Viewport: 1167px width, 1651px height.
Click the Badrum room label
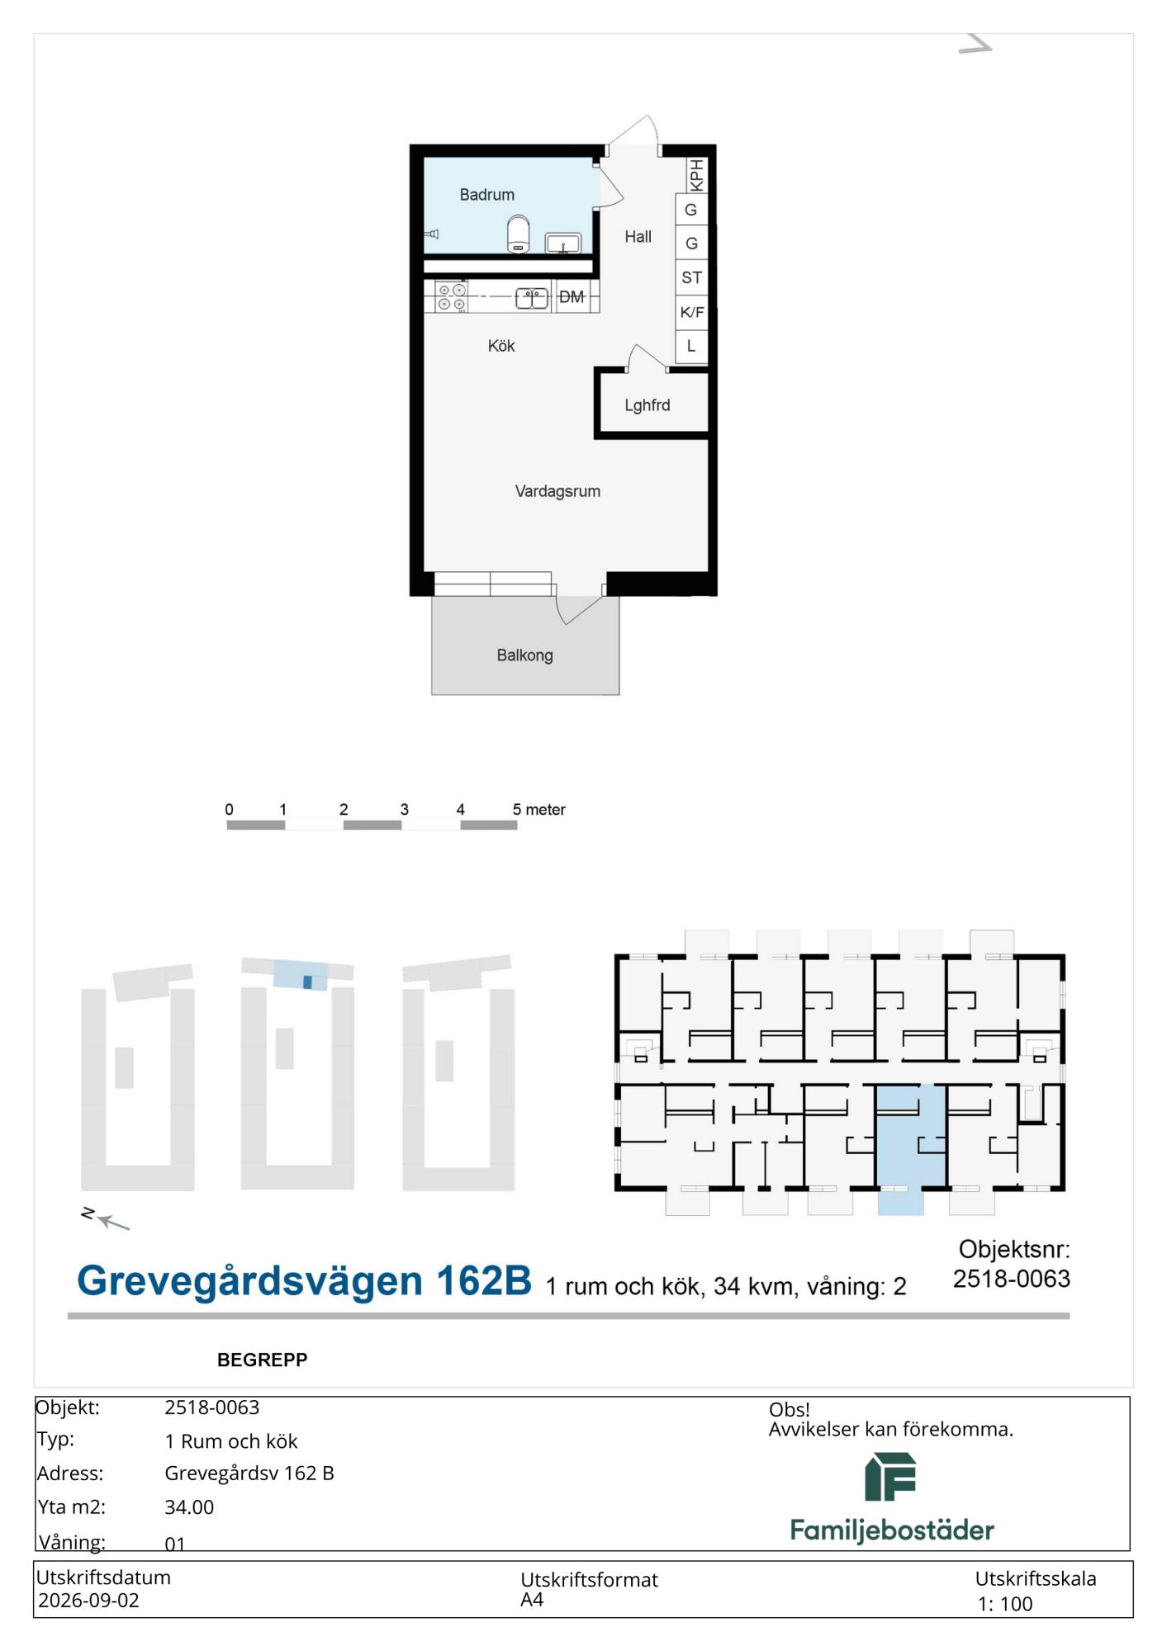coord(486,195)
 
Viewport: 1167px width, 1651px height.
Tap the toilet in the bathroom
coord(518,234)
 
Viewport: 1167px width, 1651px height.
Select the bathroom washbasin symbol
coord(563,243)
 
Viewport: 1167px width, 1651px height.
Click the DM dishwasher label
coord(572,297)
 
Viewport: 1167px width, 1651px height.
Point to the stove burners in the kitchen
coord(451,297)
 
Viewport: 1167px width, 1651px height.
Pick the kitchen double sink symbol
coord(532,297)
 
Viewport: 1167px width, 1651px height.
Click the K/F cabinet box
coord(692,312)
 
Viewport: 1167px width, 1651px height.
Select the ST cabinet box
coord(692,277)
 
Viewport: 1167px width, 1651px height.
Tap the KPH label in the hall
coord(696,175)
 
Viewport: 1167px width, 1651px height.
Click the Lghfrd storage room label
coord(648,405)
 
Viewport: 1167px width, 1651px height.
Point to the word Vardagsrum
coord(557,491)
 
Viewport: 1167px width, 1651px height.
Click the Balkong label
coord(524,655)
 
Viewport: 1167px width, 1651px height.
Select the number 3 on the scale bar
coord(405,810)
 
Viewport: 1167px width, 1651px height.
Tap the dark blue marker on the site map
coord(307,982)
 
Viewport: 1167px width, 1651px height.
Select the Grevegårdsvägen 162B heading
coord(304,1281)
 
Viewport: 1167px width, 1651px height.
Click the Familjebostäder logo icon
coord(890,1478)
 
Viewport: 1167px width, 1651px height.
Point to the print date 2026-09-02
coord(88,1601)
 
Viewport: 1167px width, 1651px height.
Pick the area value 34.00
coord(189,1507)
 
